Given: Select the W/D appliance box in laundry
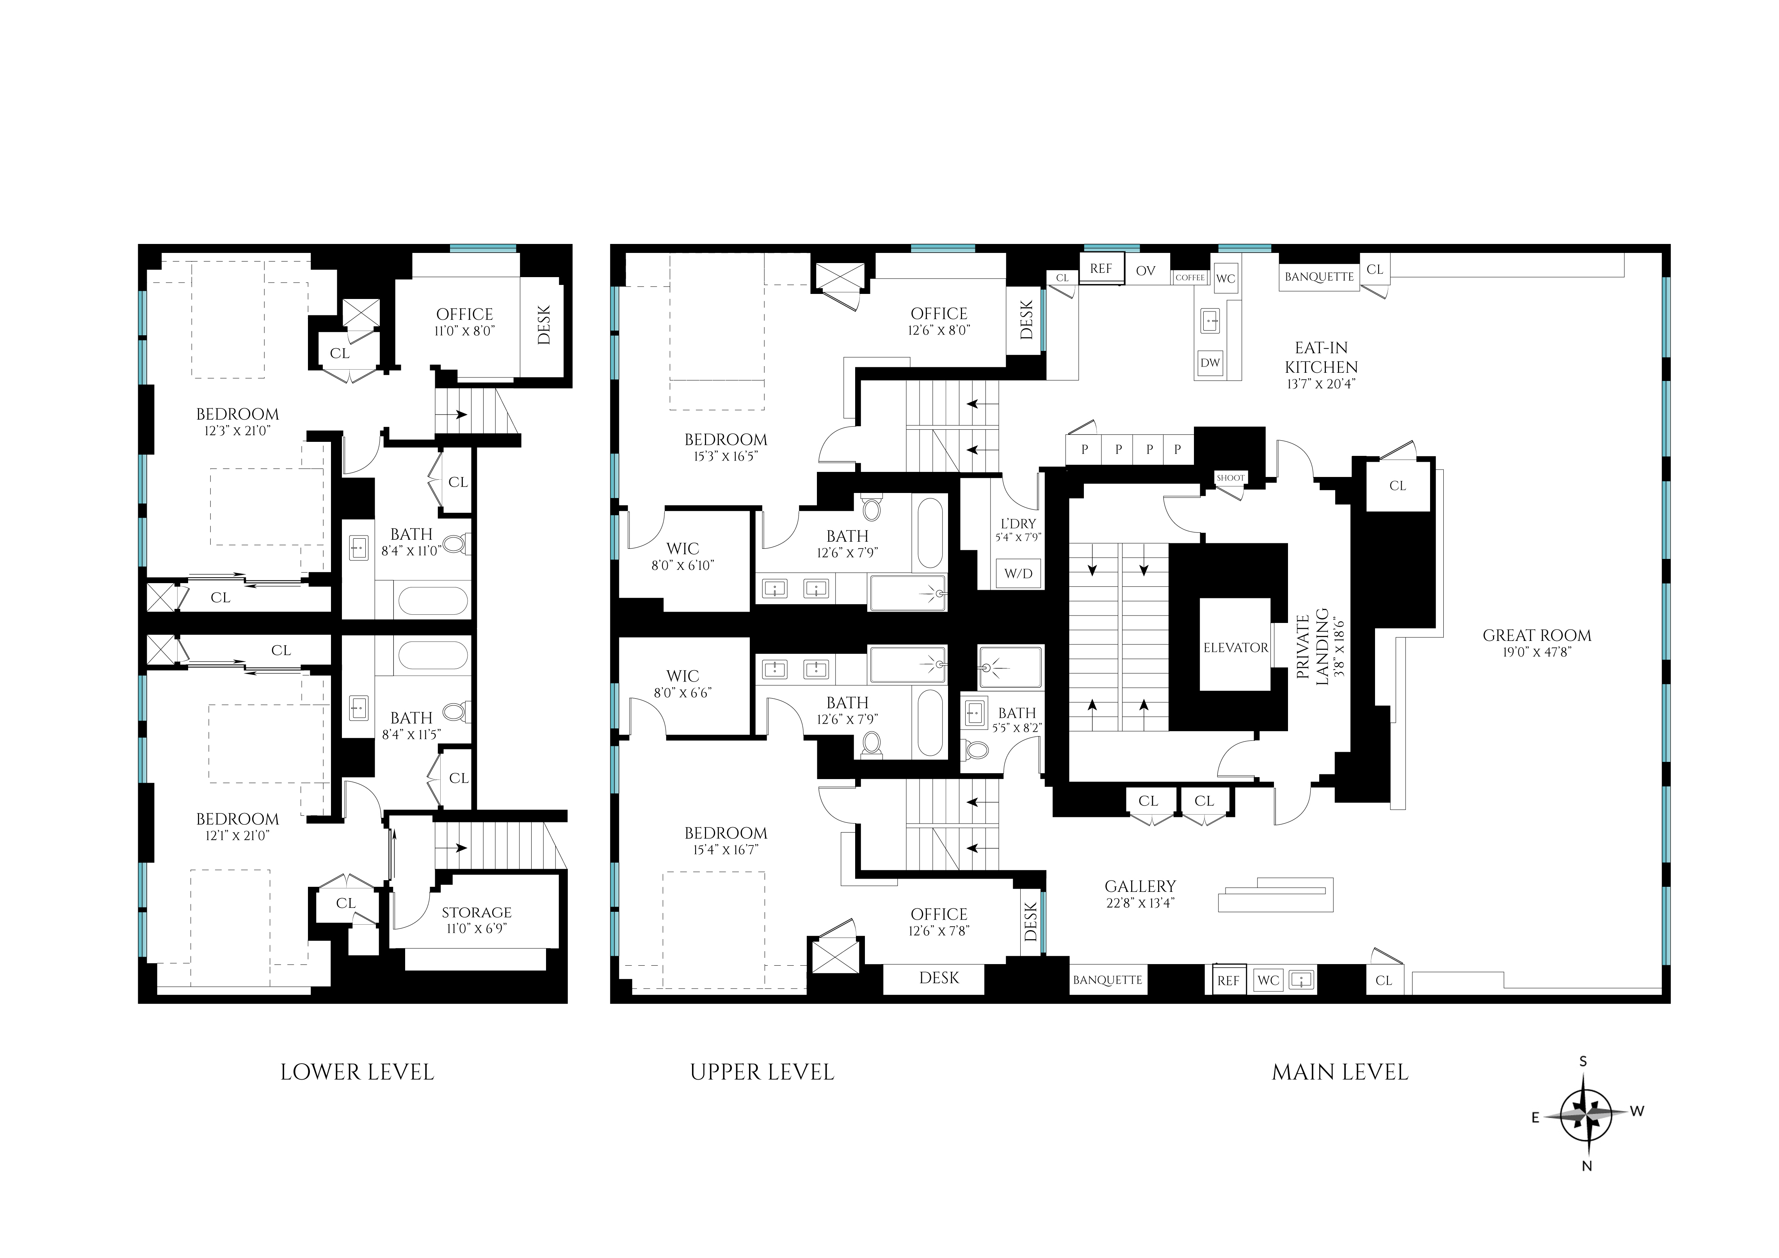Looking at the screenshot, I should pos(1018,573).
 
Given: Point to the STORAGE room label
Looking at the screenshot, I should pos(477,913).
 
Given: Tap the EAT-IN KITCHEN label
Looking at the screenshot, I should pos(1321,358).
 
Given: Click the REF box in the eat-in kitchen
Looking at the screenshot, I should pos(1101,269).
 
